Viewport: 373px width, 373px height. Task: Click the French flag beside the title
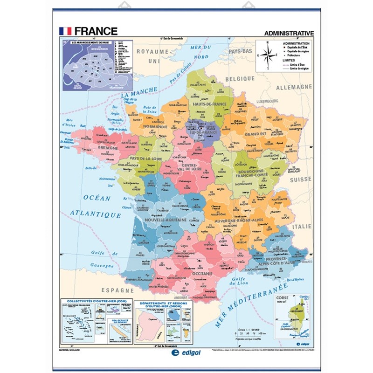(65, 31)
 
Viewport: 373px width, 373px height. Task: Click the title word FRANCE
(96, 31)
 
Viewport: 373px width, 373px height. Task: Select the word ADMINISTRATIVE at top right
(289, 33)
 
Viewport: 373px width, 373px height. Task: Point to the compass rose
(267, 55)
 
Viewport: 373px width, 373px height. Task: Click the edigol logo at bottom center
(186, 354)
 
